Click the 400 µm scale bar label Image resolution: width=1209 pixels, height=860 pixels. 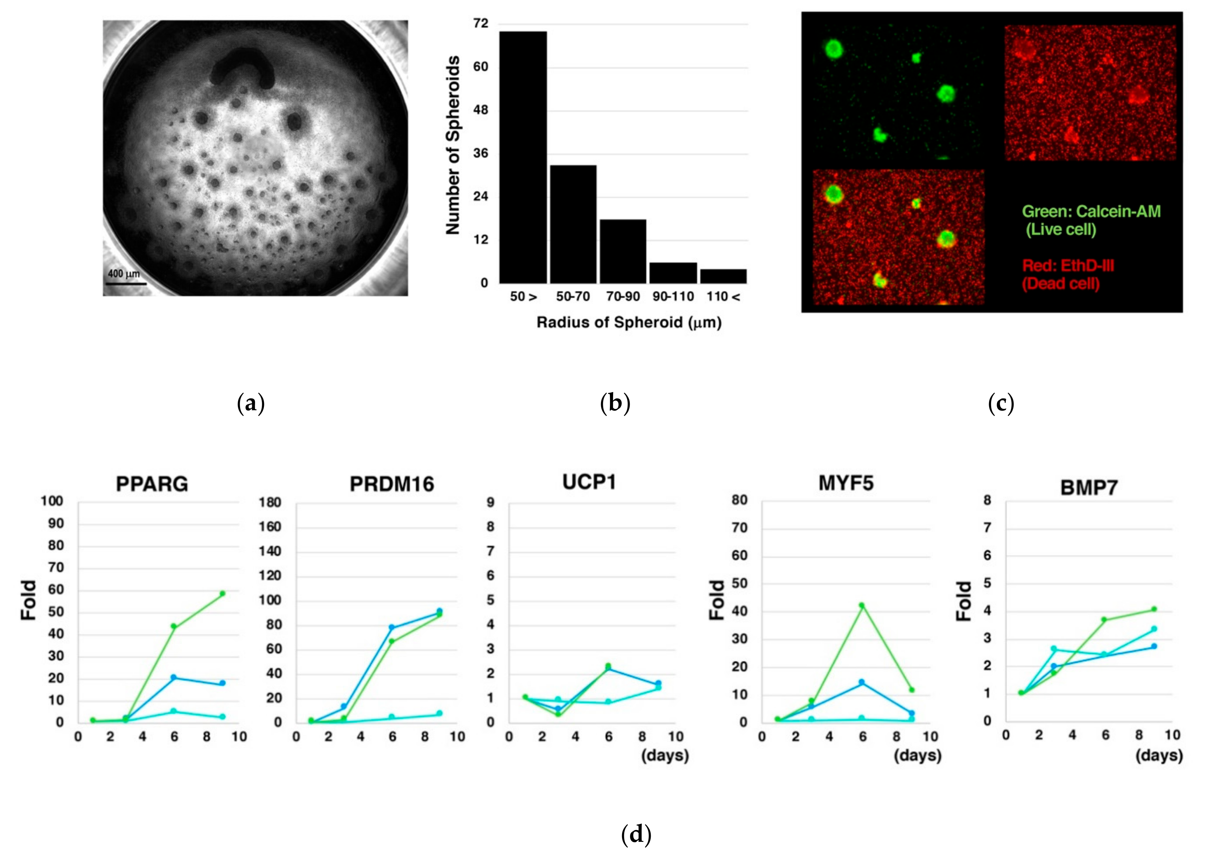coord(124,274)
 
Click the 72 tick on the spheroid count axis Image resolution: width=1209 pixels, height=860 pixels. coord(481,24)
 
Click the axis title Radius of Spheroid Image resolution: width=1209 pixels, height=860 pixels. coord(629,322)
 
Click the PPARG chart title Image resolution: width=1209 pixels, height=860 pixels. coord(152,484)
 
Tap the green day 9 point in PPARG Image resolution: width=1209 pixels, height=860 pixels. coord(222,594)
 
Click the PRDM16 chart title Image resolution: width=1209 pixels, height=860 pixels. coord(392,484)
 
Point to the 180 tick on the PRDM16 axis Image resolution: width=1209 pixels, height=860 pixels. coord(270,502)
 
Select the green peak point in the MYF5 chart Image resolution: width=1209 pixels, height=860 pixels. coord(862,605)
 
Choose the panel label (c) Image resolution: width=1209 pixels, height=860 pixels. coord(1001,404)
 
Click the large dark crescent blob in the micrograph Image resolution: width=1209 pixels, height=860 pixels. coord(242,69)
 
